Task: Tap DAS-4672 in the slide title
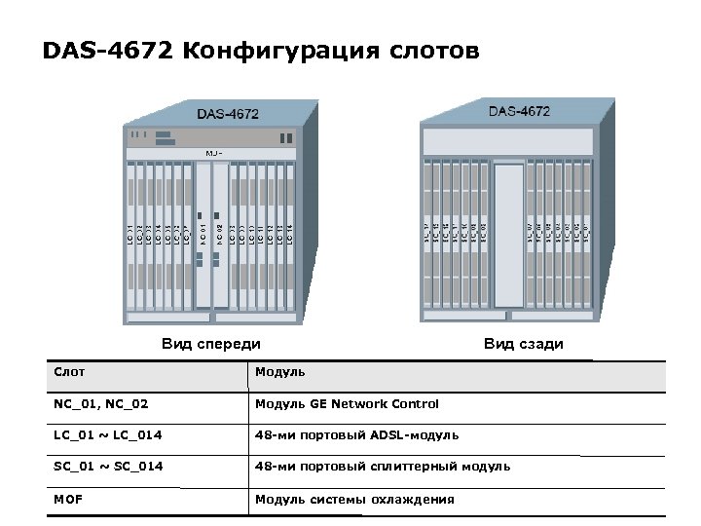(108, 50)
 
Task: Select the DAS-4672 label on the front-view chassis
(228, 114)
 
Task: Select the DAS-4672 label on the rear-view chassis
(519, 111)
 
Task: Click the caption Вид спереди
(211, 344)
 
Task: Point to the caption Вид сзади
(524, 344)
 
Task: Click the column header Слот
(69, 372)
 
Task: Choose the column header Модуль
(280, 372)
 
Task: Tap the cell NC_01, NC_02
(100, 404)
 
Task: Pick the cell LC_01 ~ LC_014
(104, 435)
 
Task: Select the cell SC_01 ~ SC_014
(108, 467)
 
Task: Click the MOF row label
(68, 500)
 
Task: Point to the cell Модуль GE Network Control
(347, 404)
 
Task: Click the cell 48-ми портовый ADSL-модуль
(356, 435)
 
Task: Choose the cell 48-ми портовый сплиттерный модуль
(383, 467)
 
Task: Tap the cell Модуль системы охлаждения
(354, 500)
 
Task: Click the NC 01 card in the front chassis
(203, 234)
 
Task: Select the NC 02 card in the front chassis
(220, 234)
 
